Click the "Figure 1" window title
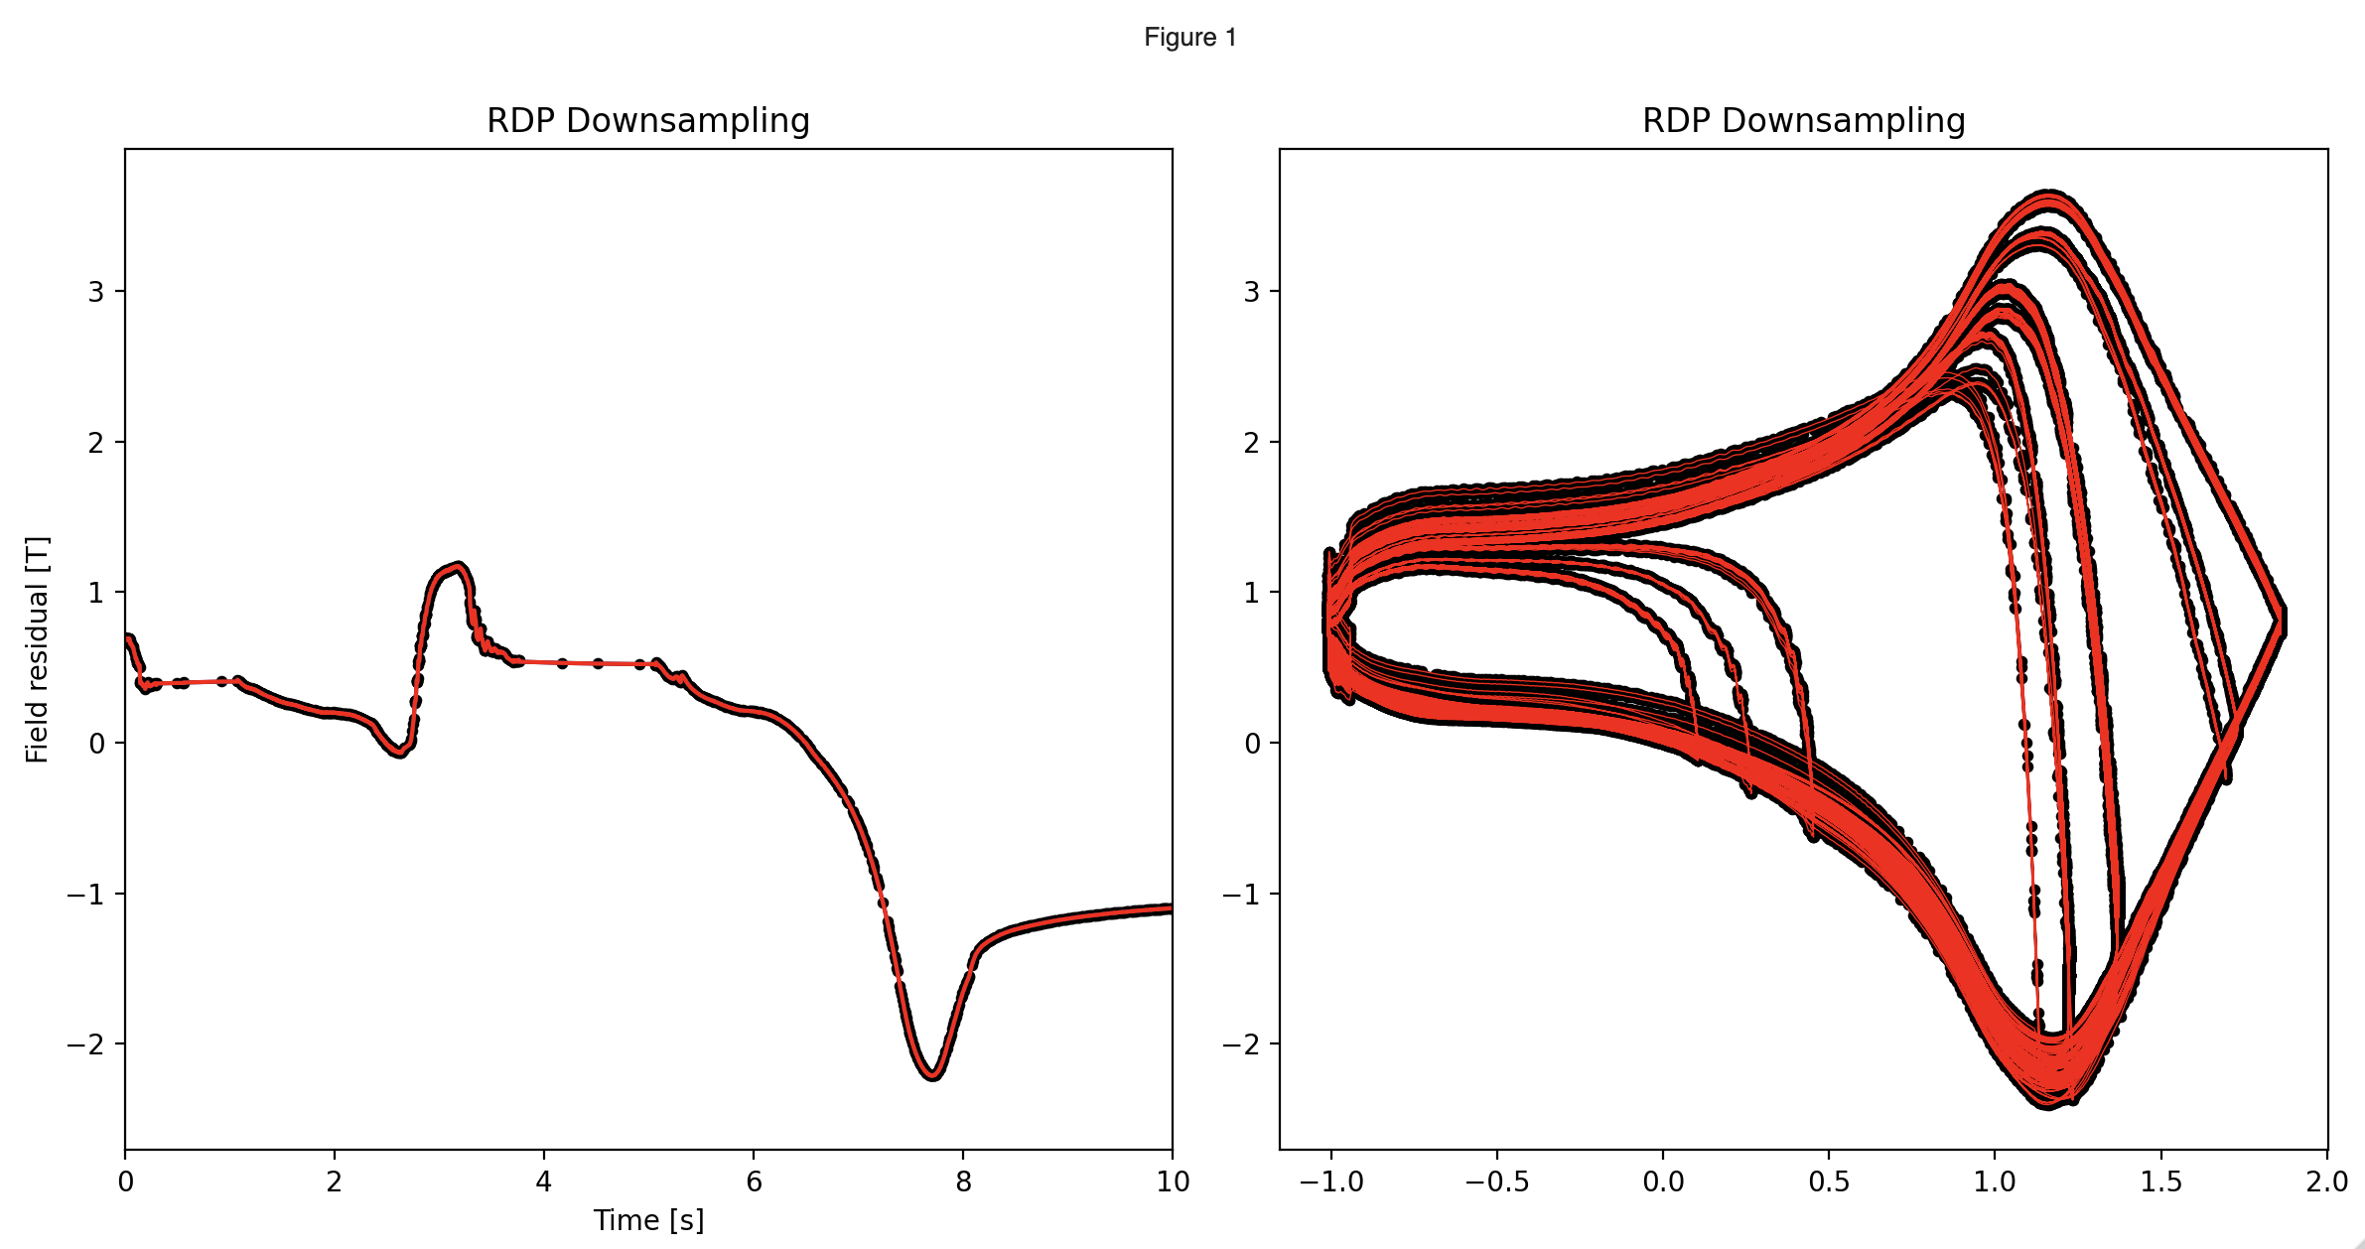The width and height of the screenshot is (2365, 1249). pos(1189,38)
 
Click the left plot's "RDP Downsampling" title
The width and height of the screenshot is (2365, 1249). pos(647,121)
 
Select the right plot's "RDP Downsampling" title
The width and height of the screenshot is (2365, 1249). pos(1803,121)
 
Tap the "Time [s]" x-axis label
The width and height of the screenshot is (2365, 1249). pos(647,1220)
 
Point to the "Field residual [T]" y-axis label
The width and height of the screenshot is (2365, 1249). pos(38,649)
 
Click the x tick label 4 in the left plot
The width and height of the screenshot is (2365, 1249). pos(544,1181)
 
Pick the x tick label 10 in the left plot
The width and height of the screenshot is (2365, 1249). pos(1173,1181)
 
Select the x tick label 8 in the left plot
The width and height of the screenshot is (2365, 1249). pos(963,1181)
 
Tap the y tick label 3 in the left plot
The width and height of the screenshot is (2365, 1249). pos(96,292)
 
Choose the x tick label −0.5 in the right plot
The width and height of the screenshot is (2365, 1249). pos(1496,1181)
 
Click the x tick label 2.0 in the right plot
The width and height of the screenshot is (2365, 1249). pos(2327,1181)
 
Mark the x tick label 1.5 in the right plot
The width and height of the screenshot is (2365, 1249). pos(2160,1181)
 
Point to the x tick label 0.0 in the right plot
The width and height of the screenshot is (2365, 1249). pos(1663,1181)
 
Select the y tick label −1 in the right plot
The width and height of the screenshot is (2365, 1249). pos(1241,895)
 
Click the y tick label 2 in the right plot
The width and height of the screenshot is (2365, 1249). pos(1252,443)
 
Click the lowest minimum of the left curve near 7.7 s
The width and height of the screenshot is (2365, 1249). pos(932,1075)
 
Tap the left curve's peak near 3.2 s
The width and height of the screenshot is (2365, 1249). pos(457,566)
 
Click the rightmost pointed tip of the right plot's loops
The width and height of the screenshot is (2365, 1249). pos(2283,621)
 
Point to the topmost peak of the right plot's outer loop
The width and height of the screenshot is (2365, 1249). pos(2049,194)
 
